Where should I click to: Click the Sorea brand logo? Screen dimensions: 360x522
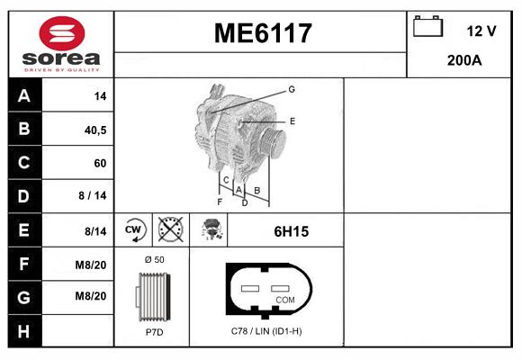click(x=60, y=45)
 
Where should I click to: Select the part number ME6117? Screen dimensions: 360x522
click(x=262, y=33)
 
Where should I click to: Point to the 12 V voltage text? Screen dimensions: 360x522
click(x=481, y=31)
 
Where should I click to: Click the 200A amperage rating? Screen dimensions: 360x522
click(x=464, y=61)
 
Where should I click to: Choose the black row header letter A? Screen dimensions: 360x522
click(x=23, y=96)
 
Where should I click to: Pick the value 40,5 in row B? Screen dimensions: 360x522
click(x=94, y=130)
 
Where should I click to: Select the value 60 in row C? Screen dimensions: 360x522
click(x=99, y=163)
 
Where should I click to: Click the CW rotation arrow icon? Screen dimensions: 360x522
click(x=135, y=230)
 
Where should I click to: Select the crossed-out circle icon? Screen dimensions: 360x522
click(x=170, y=230)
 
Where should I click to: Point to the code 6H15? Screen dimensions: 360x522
click(x=291, y=231)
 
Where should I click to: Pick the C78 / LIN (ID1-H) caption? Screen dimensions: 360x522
click(x=266, y=331)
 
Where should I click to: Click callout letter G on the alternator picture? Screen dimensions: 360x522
click(x=292, y=89)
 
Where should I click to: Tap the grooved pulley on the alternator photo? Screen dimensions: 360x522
click(x=273, y=144)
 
